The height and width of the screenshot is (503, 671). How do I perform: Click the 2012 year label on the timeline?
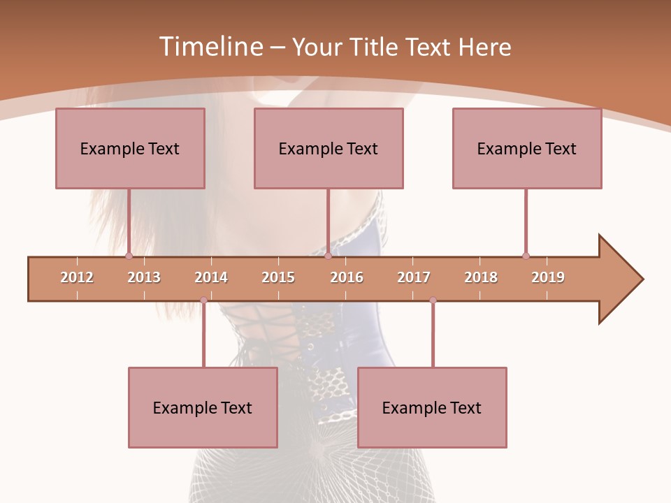tap(77, 277)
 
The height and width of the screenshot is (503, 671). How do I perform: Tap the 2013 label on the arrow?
tap(144, 277)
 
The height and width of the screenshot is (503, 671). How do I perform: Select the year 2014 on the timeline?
tap(211, 277)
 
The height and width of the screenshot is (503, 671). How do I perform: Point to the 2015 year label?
tap(278, 277)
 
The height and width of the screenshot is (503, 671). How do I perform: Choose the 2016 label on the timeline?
tap(347, 277)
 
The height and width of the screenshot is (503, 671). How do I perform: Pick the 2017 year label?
tap(414, 277)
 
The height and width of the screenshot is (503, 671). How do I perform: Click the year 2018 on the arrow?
tap(481, 277)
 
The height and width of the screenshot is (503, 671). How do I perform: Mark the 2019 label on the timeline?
tap(548, 277)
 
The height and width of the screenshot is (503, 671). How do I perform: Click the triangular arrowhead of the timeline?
tap(619, 279)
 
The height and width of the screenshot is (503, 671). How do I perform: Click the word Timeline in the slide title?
tap(210, 47)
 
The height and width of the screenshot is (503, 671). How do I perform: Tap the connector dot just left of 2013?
tap(129, 256)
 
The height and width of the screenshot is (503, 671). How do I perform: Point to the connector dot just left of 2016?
tap(328, 256)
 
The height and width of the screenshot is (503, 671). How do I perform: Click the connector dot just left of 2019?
tap(526, 256)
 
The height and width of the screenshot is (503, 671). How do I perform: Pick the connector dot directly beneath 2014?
tap(203, 300)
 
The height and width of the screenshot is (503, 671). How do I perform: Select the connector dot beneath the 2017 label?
tap(433, 300)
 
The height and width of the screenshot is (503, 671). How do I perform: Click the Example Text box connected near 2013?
tap(130, 148)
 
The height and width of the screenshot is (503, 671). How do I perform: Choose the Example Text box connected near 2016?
tap(329, 148)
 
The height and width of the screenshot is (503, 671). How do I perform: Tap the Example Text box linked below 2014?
tap(203, 407)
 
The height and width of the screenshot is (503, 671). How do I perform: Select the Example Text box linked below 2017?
tap(432, 407)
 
